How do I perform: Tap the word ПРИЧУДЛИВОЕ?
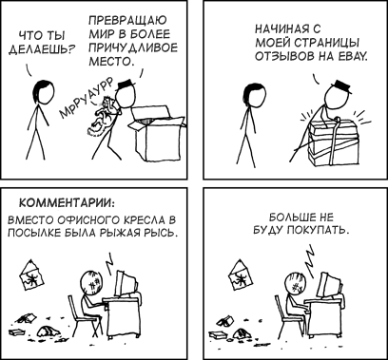click(x=133, y=47)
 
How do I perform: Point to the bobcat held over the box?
click(x=103, y=118)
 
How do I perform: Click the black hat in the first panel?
click(x=126, y=85)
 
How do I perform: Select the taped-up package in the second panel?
click(x=331, y=142)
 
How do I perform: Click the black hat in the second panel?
click(x=341, y=86)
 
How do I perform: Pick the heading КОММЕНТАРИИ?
click(x=67, y=202)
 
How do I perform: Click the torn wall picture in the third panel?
click(x=31, y=275)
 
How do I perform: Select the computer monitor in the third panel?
click(x=126, y=284)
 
